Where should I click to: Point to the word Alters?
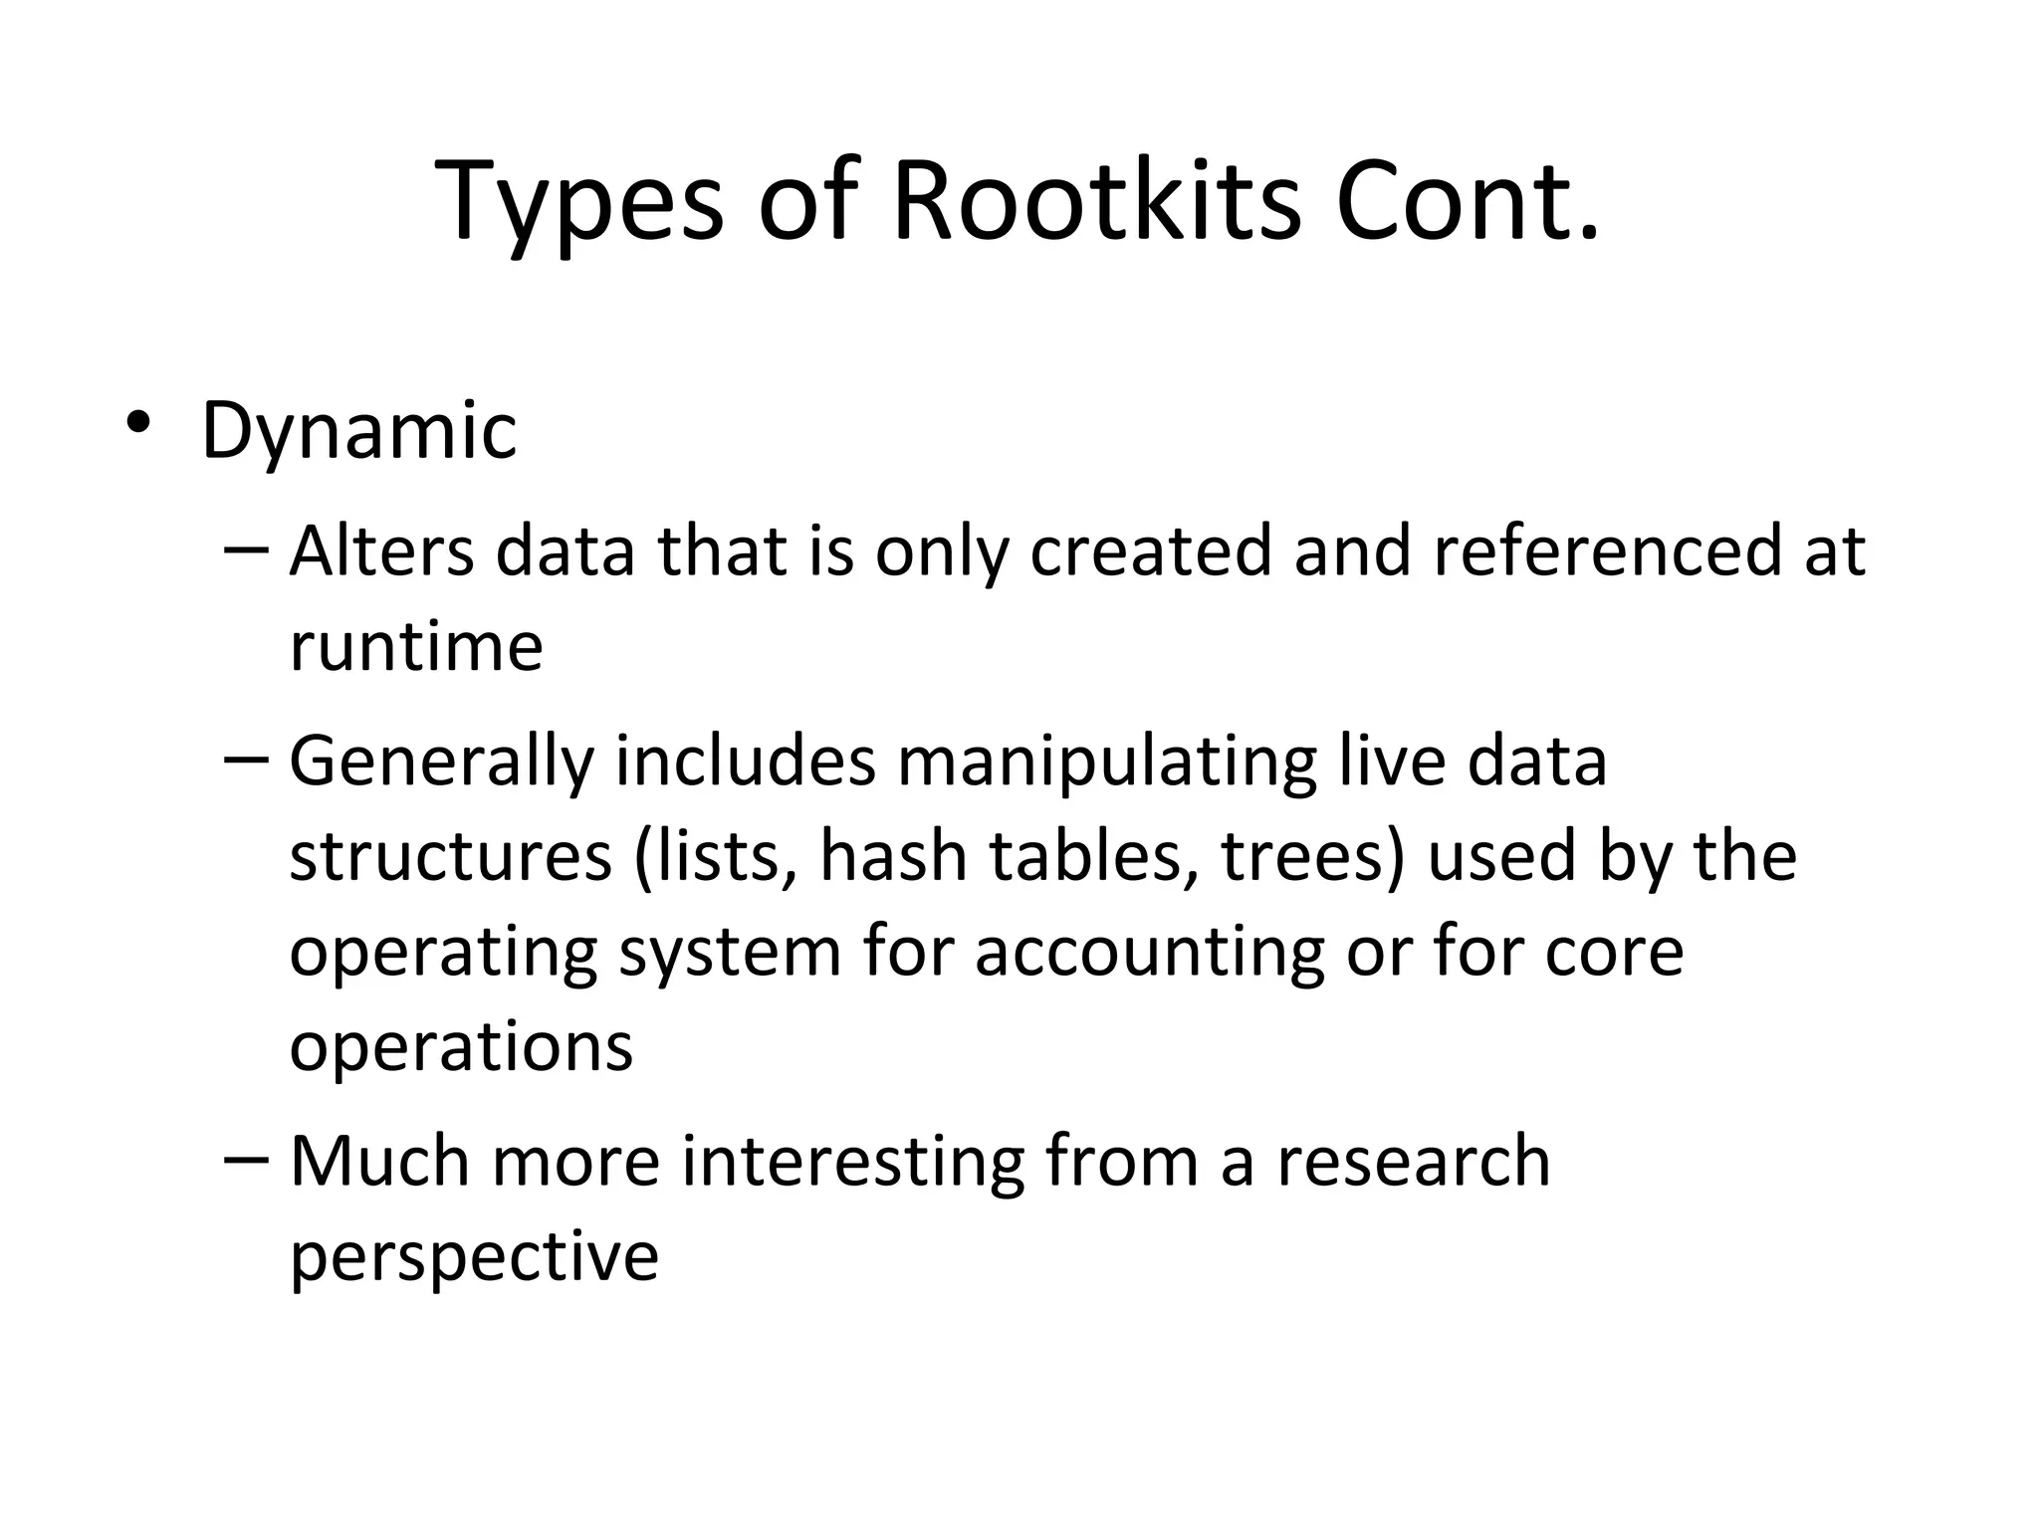[380, 550]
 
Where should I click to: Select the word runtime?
[415, 647]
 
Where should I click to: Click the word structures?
[450, 856]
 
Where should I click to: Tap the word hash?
[893, 856]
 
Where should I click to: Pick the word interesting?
[852, 1163]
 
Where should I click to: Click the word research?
[1413, 1161]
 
